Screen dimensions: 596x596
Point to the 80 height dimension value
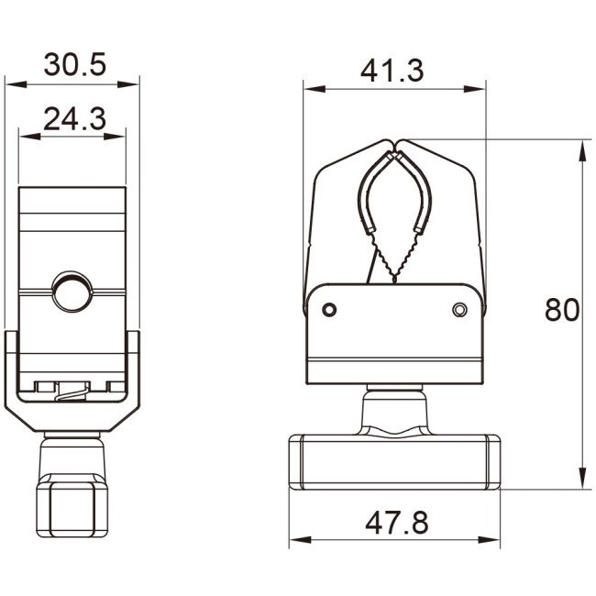[x=562, y=310]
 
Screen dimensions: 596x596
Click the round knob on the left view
[x=72, y=291]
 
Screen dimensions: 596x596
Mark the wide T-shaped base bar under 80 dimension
[x=394, y=462]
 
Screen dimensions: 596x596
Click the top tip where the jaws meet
[x=395, y=144]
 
